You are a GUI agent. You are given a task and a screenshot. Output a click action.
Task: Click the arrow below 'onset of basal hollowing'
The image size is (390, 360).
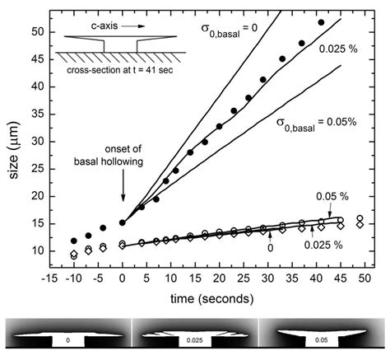click(x=123, y=202)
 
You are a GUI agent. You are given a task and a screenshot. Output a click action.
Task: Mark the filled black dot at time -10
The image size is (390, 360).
click(x=74, y=241)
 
